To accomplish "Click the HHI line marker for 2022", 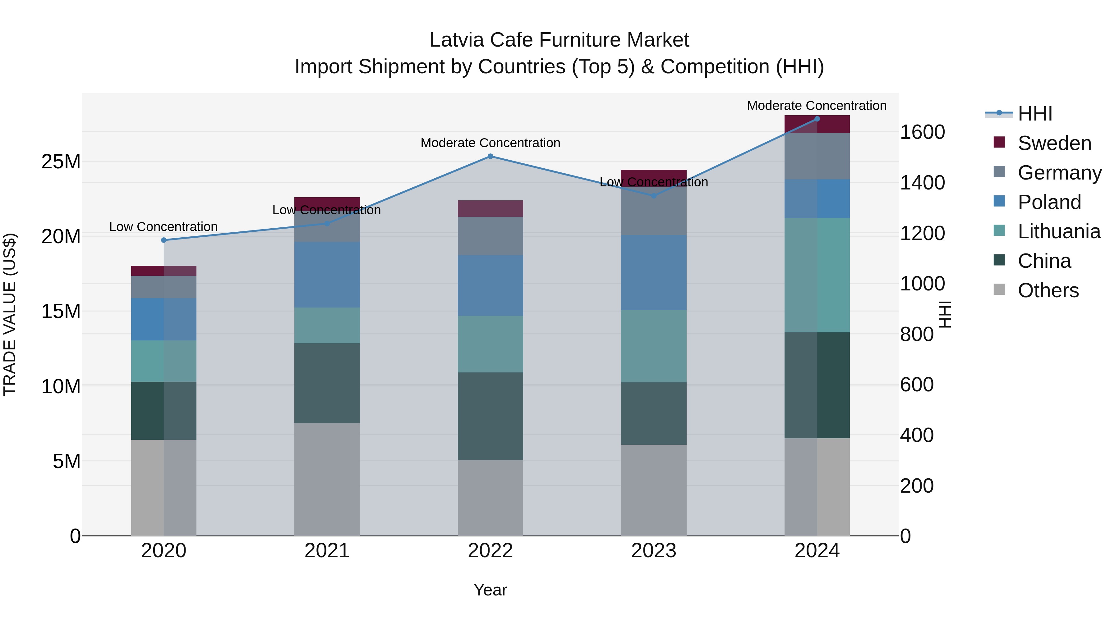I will point(490,156).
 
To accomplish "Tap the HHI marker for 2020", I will point(164,240).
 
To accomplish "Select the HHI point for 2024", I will point(817,119).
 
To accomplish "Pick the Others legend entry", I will point(1048,290).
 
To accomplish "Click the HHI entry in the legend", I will point(1035,114).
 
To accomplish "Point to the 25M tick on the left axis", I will point(61,162).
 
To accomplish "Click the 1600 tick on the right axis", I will point(922,132).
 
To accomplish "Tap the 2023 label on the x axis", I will point(653,551).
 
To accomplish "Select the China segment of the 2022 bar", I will point(490,416).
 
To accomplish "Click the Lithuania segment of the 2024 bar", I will point(817,275).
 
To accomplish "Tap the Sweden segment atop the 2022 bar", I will point(490,208).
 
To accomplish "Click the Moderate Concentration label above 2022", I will point(490,143).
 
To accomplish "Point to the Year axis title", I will point(490,590).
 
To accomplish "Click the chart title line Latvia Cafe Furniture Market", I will point(559,40).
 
